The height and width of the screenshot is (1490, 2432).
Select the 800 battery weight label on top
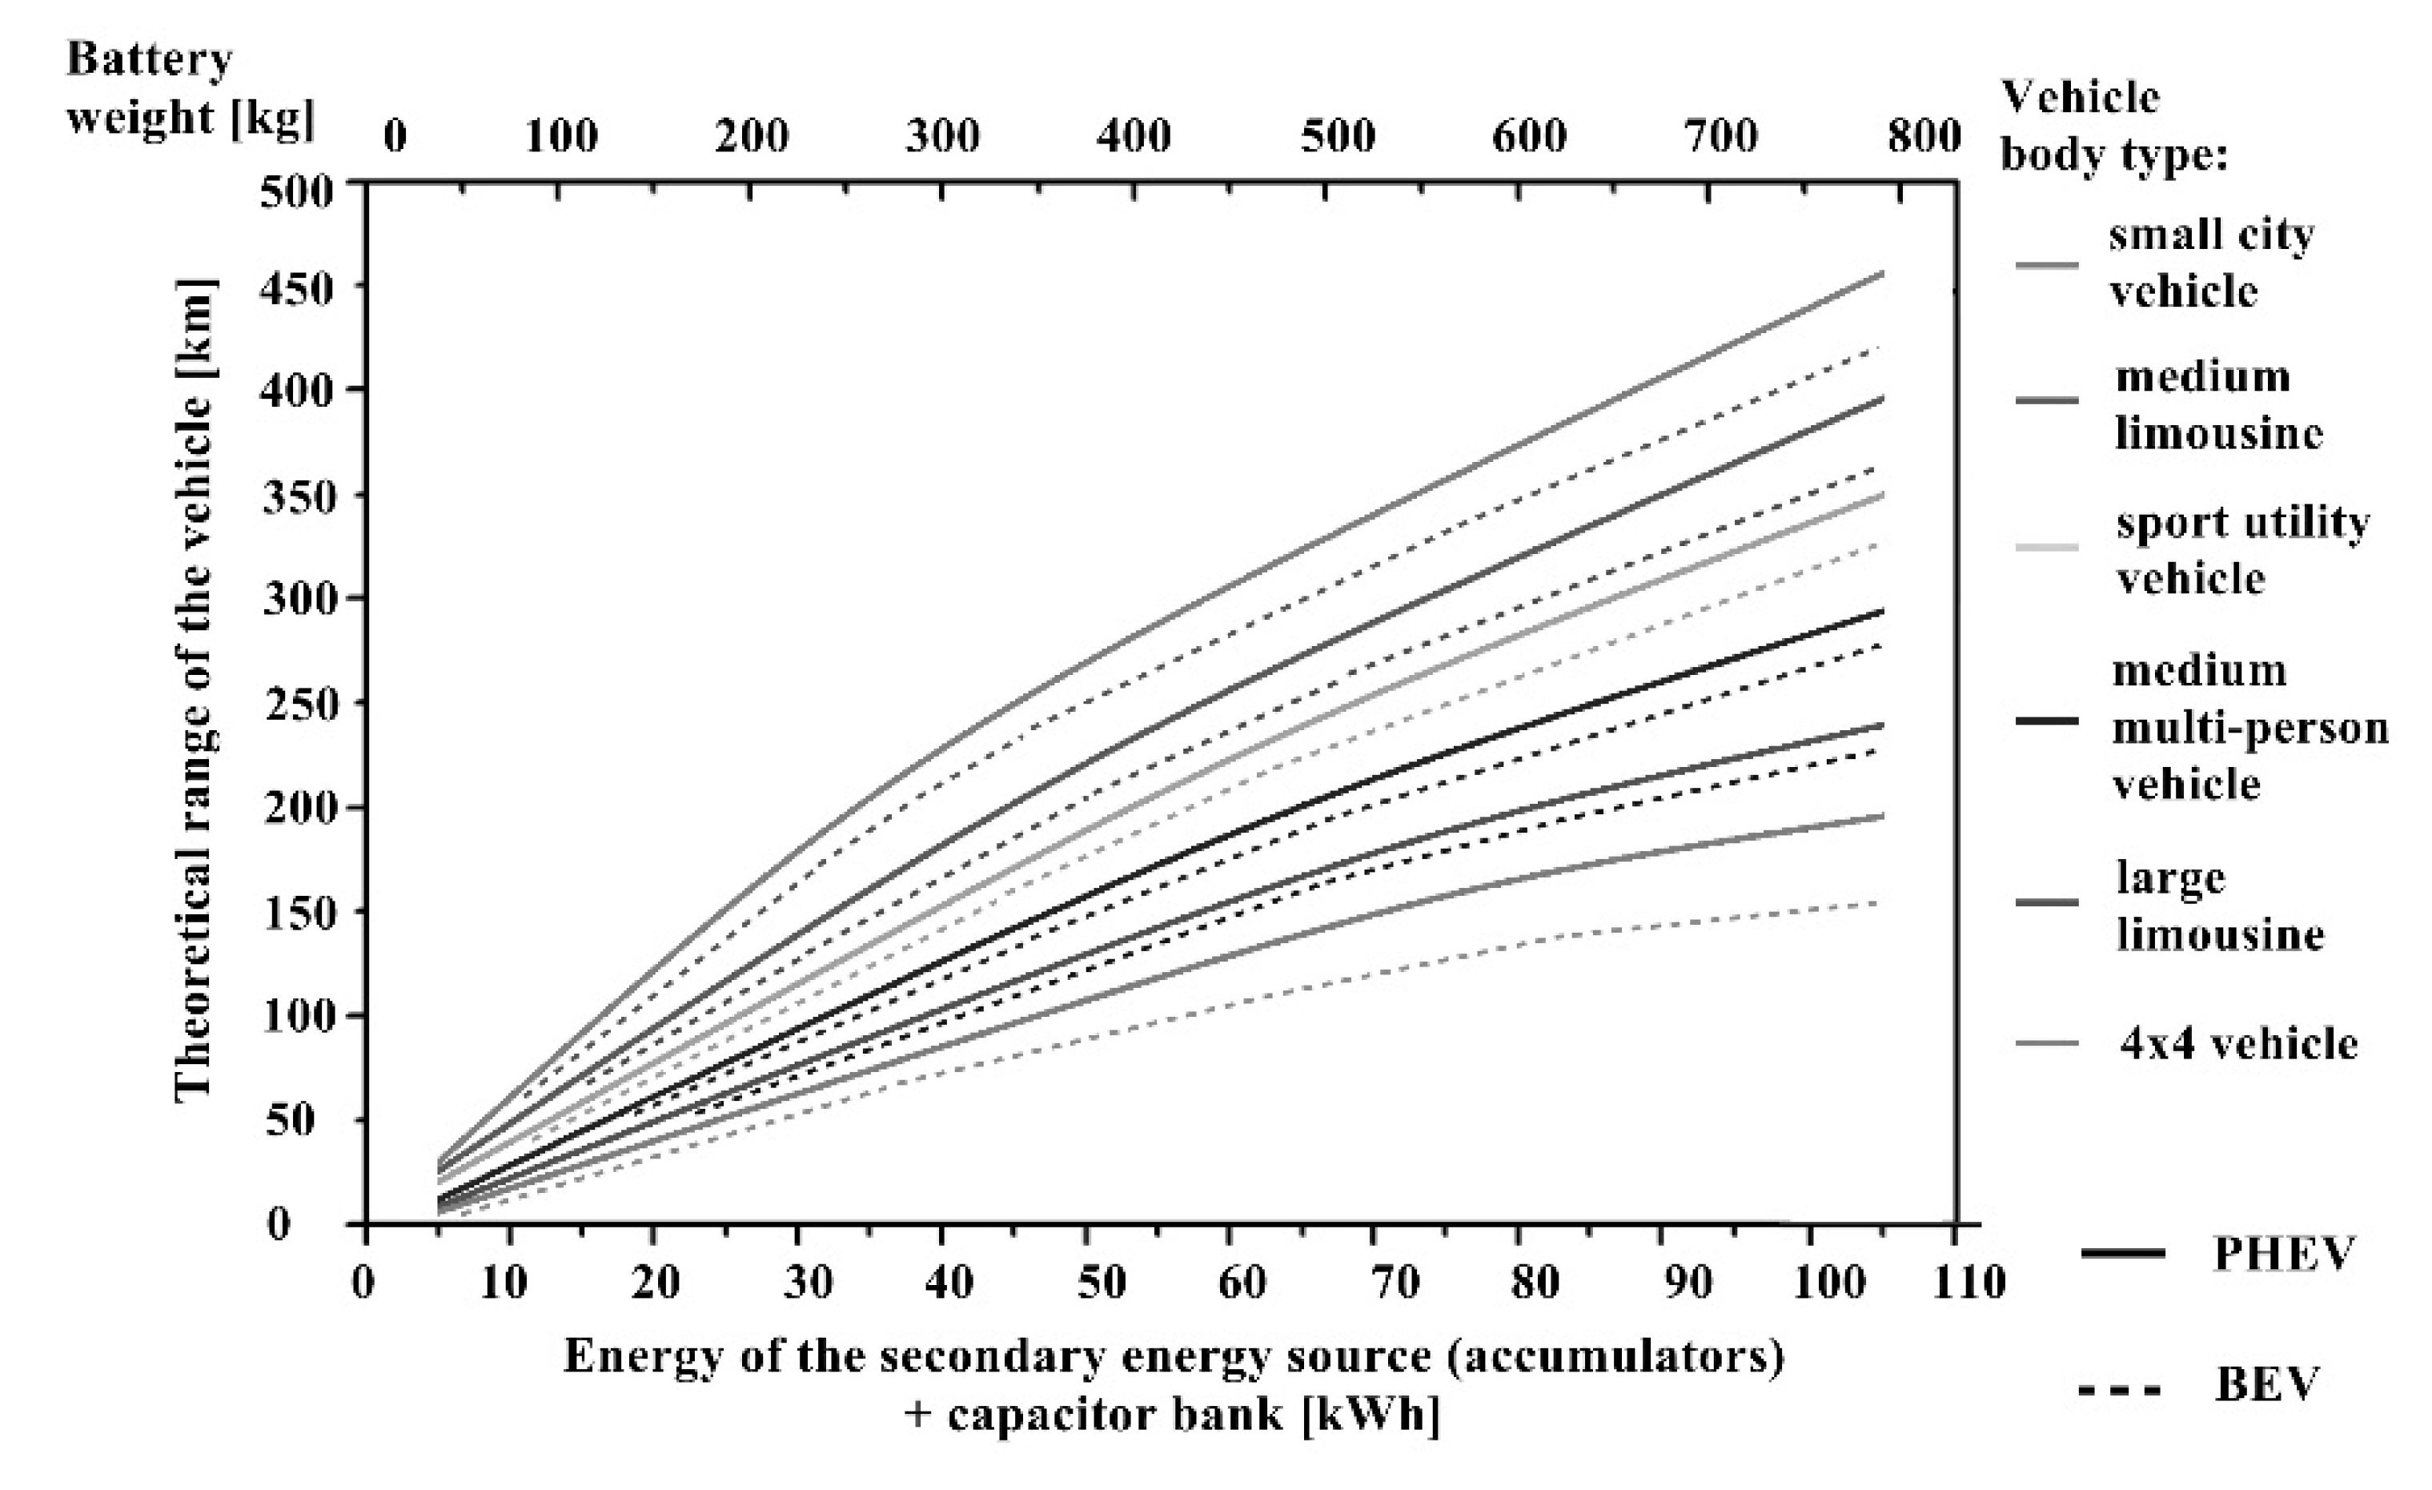click(x=1924, y=135)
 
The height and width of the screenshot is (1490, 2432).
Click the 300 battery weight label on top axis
click(x=942, y=135)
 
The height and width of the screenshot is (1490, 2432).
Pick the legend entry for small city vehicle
click(x=2211, y=263)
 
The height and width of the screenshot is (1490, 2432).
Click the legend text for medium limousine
click(x=2217, y=405)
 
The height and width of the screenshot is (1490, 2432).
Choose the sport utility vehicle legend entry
click(x=2241, y=549)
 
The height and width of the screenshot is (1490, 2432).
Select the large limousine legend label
click(x=2219, y=906)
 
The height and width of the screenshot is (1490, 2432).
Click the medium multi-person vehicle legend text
click(x=2249, y=728)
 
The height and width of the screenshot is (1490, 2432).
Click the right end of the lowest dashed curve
click(x=1880, y=902)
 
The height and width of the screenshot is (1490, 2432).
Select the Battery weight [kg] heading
click(x=187, y=89)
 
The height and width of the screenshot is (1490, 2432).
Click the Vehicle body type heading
click(x=2113, y=126)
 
